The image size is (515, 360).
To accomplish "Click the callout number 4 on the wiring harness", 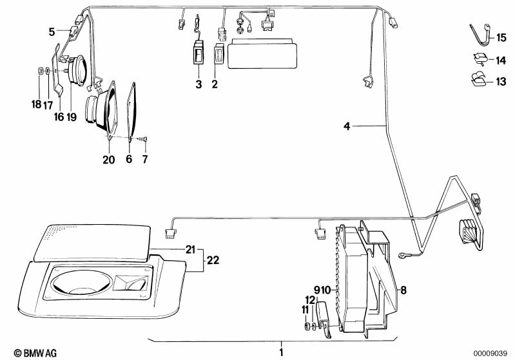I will [x=347, y=127].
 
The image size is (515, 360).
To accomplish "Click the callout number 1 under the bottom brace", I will [x=280, y=352].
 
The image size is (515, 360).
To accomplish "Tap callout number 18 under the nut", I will [x=37, y=104].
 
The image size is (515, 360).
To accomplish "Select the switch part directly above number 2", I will [x=219, y=55].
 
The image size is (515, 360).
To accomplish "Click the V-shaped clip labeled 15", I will [x=477, y=37].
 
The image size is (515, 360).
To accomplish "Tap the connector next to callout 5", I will [x=72, y=29].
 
